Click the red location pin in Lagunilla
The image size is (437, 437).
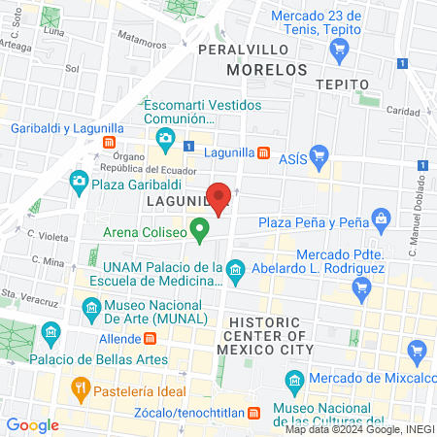tap(220, 198)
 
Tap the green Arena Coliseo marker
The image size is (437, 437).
tap(200, 231)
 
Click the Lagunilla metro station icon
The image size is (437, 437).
tap(263, 152)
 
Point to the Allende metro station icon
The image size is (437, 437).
tap(151, 340)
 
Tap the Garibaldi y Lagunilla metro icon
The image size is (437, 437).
tap(110, 143)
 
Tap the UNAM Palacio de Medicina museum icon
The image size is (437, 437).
tap(234, 268)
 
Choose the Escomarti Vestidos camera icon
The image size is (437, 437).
tap(165, 140)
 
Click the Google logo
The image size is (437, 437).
tap(32, 424)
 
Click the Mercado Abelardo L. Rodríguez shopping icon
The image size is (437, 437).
tap(362, 286)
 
